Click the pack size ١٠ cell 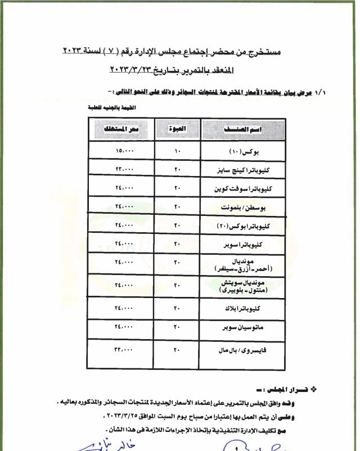(x=177, y=152)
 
